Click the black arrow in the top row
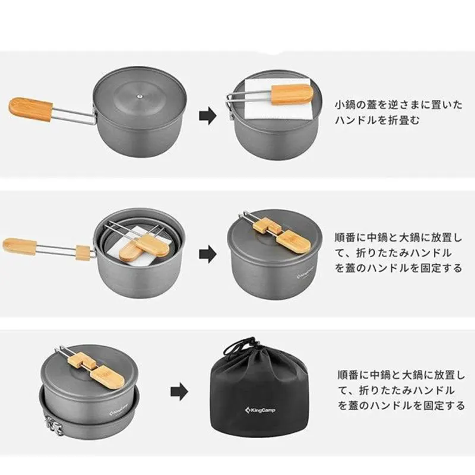[208, 116]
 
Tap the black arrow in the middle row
[208, 254]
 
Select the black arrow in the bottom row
[179, 392]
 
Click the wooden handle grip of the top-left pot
[31, 109]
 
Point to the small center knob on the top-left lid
[140, 97]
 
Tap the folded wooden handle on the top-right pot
[292, 94]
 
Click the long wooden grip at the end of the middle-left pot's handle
[20, 246]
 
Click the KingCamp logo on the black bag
[260, 410]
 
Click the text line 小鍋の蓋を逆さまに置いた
[398, 105]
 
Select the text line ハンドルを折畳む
[377, 121]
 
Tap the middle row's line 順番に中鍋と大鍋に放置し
[398, 237]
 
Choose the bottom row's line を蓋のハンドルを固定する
[401, 406]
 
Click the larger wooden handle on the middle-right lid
[293, 241]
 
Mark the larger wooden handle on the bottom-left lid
[107, 377]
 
